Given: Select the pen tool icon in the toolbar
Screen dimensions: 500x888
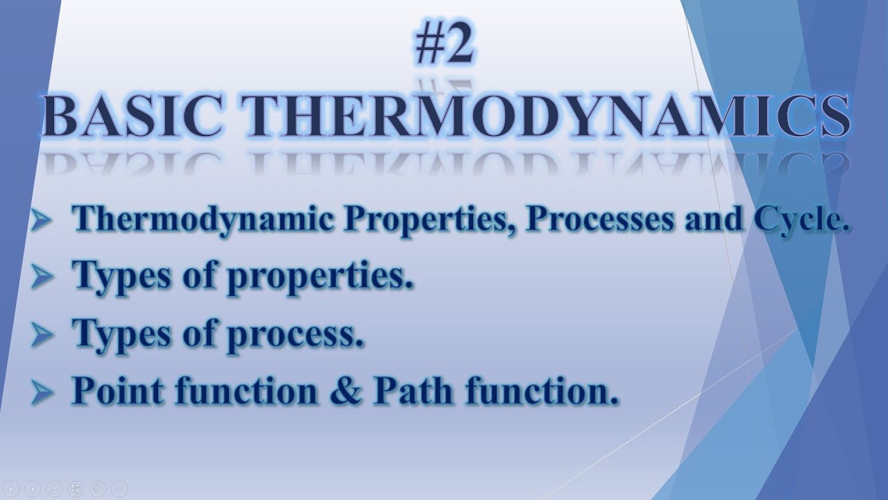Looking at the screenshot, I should click(x=55, y=488).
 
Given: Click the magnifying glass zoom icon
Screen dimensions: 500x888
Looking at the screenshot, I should click(x=97, y=488).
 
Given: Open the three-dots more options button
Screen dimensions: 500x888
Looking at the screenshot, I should click(x=119, y=488).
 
